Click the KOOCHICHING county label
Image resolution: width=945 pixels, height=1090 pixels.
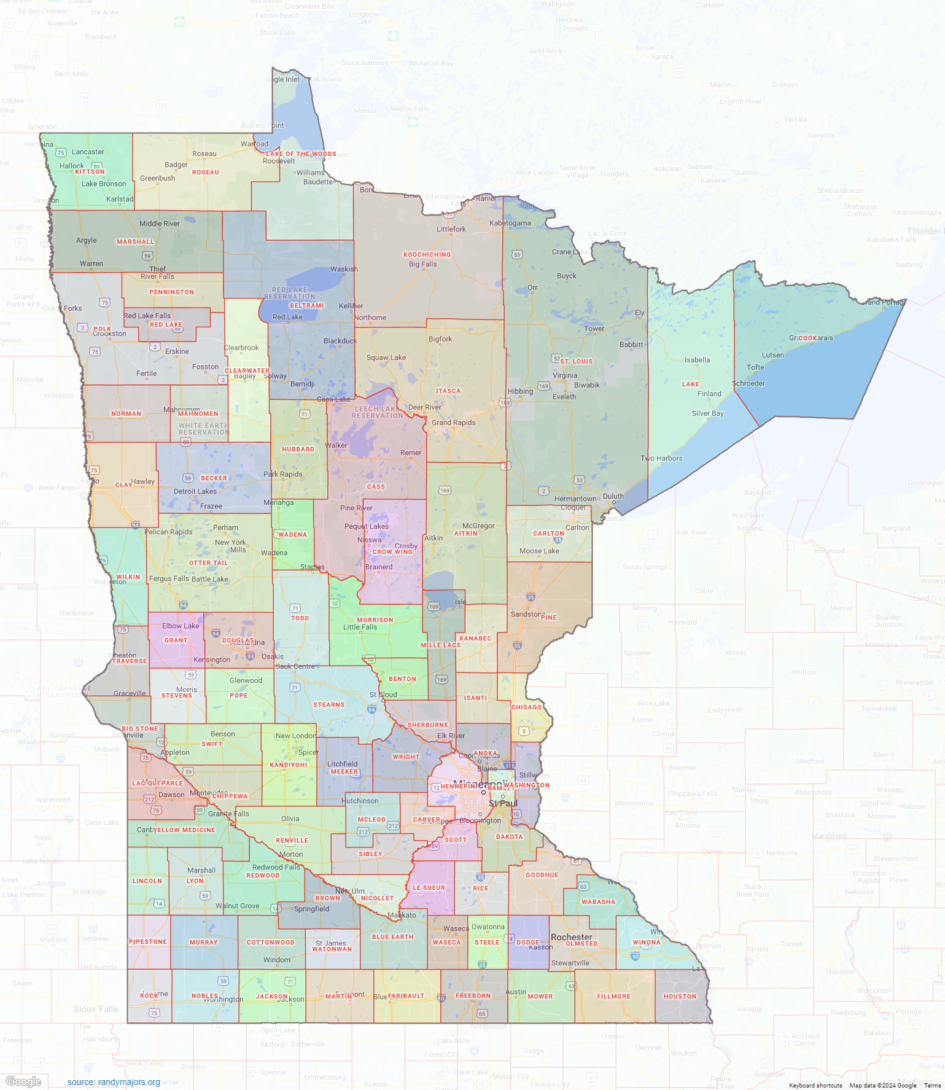(427, 254)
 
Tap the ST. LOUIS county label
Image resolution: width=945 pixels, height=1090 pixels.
(576, 361)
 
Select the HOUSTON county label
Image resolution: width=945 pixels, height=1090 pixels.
(680, 996)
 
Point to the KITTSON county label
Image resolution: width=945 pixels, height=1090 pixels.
(90, 172)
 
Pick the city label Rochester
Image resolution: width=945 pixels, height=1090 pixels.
(571, 937)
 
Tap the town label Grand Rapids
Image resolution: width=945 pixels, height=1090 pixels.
(453, 422)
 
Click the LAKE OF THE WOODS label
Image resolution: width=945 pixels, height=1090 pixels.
(301, 154)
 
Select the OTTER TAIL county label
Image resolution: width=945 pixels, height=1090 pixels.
(208, 563)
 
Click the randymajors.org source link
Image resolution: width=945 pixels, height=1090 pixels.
(114, 1082)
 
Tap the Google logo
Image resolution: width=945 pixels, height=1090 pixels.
(23, 1081)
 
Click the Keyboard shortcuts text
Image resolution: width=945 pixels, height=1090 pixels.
(815, 1085)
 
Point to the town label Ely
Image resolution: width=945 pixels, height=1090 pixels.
(639, 313)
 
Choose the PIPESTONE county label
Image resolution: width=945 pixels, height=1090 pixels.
(148, 941)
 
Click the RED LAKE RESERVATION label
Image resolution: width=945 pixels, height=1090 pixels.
(289, 293)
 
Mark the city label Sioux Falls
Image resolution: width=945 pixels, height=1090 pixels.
(95, 1009)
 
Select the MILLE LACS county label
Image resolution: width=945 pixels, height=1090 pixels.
(440, 645)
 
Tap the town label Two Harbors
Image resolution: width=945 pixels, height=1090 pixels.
(661, 458)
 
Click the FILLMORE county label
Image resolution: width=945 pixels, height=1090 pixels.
(613, 996)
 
